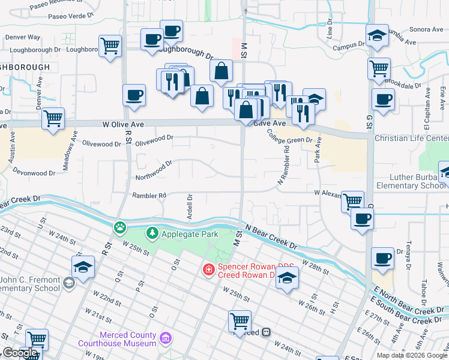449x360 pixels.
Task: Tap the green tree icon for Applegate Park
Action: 153,233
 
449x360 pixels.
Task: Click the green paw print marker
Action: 120,227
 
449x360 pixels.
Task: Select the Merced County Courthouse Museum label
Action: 117,340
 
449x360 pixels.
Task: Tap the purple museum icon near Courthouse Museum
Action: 166,340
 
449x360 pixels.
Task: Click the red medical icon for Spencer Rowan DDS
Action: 208,270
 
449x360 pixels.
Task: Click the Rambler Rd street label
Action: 149,196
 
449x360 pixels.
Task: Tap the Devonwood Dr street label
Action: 34,173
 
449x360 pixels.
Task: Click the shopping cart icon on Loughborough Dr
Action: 110,46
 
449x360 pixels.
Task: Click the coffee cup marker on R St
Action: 134,95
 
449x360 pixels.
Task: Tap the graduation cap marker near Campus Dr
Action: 376,36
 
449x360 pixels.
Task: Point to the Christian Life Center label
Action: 411,138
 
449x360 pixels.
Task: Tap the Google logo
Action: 20,353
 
